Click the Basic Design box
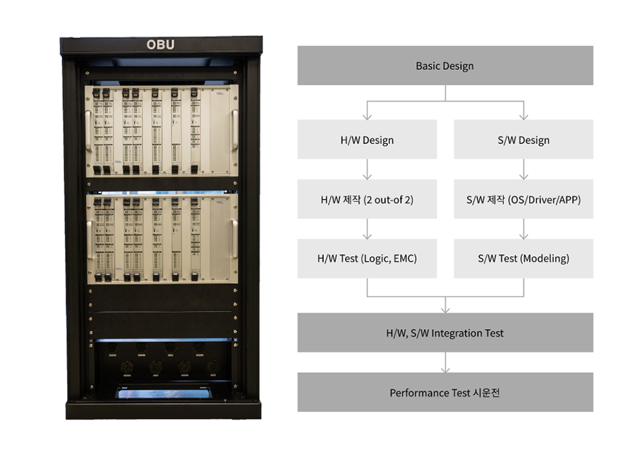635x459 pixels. coord(445,66)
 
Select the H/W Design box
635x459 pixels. coord(367,140)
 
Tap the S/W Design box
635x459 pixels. coord(523,140)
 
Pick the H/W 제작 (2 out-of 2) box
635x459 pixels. coord(367,199)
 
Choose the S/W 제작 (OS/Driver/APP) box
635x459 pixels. coord(523,199)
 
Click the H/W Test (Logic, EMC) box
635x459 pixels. coord(367,258)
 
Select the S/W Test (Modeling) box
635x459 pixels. coord(523,258)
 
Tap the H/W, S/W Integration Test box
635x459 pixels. coord(445,333)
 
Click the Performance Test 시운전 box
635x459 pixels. coord(445,393)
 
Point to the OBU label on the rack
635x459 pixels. coord(160,44)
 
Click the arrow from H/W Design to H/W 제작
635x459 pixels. coord(367,169)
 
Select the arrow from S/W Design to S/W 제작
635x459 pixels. coord(523,169)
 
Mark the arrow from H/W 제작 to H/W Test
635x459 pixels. coord(367,229)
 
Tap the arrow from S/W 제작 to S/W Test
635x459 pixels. coord(523,229)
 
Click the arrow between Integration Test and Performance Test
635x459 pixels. coord(445,362)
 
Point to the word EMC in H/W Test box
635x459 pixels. coord(401,258)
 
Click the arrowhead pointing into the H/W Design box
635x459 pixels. coord(367,116)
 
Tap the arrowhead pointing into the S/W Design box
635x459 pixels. coord(523,116)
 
